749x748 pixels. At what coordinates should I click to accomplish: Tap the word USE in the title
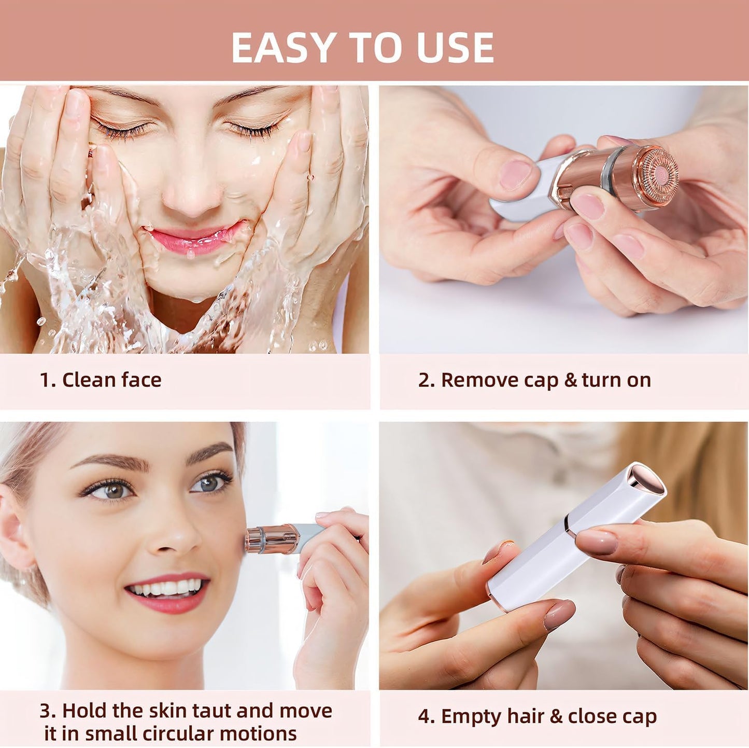tap(455, 48)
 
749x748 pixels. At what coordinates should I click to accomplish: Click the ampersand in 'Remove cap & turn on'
tap(570, 380)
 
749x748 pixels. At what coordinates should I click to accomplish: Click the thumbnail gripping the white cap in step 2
tap(516, 174)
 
